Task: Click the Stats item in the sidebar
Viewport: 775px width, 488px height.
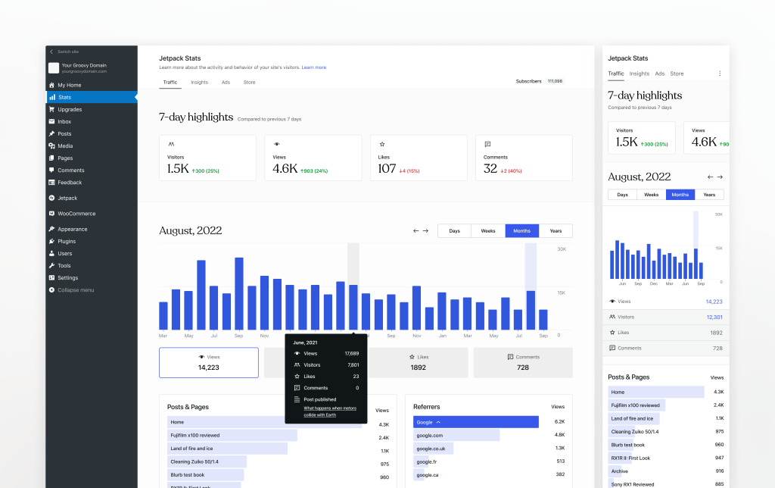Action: pos(65,97)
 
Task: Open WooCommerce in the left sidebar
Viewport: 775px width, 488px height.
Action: pos(76,214)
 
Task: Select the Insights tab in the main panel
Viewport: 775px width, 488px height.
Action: pos(199,82)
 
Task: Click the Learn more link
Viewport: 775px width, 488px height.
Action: pos(314,67)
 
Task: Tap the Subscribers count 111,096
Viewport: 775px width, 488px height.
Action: pos(555,81)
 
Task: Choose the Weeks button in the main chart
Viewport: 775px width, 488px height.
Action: pos(488,230)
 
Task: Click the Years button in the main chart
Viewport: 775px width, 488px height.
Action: pos(556,230)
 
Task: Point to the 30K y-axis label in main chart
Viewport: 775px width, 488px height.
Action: pos(562,249)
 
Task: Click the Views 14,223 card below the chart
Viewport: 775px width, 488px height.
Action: pos(208,362)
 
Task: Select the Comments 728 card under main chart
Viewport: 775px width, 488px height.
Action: pos(523,362)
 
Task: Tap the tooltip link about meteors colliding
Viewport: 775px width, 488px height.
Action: pos(330,411)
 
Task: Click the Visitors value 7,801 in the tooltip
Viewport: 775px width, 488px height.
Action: pos(353,364)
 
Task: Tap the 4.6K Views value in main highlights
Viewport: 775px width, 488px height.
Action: pos(285,168)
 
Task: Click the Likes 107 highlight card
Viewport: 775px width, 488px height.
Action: pos(418,158)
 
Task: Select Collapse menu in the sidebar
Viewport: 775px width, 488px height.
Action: pos(76,290)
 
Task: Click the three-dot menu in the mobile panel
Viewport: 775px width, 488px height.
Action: pos(720,74)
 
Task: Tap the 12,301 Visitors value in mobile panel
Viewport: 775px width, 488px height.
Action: pos(714,317)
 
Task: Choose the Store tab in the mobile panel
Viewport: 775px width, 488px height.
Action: pos(677,74)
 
